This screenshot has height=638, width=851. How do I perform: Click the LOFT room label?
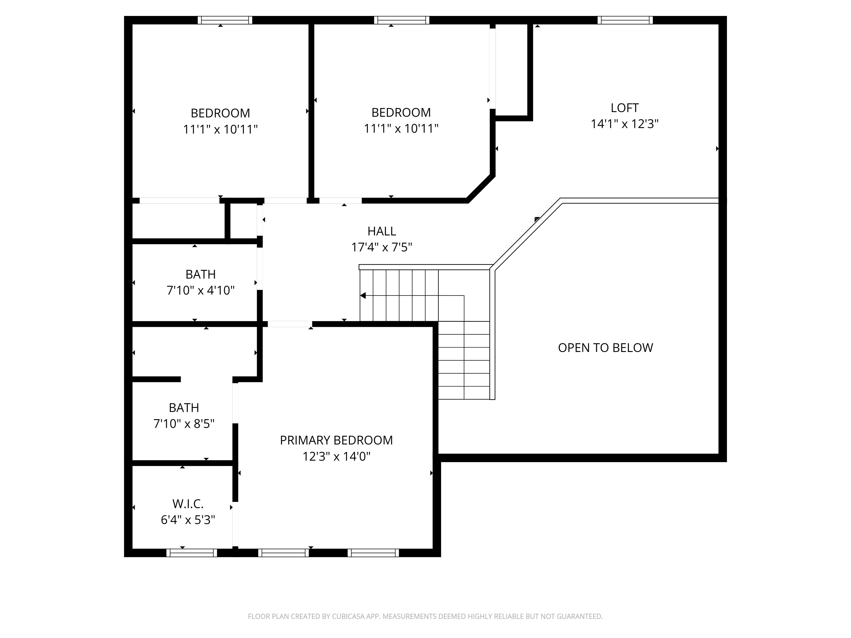624,108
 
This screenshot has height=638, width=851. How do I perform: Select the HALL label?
382,231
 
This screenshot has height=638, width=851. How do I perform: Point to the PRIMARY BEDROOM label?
336,440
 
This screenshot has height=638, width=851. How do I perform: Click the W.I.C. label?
188,504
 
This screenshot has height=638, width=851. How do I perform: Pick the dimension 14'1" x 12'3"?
624,124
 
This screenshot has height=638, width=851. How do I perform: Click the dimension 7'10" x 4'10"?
200,290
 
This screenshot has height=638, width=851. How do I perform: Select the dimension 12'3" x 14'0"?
336,456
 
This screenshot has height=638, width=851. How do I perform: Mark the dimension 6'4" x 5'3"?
188,520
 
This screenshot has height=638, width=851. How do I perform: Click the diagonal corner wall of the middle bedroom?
481,188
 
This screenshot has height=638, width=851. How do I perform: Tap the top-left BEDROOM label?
220,113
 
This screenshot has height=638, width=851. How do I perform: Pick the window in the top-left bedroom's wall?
225,20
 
